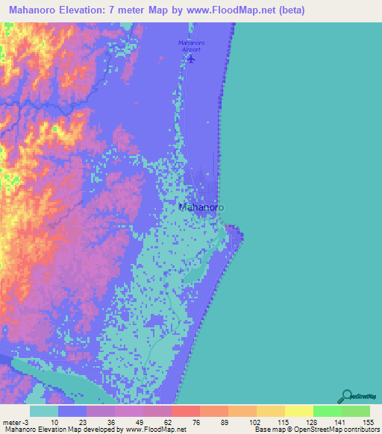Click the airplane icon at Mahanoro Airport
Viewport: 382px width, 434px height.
[191, 59]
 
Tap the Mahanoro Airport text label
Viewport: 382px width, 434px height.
[191, 45]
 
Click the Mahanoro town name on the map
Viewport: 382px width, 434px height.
[202, 208]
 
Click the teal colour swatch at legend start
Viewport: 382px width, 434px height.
[44, 411]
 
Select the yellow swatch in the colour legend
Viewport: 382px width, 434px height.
[270, 411]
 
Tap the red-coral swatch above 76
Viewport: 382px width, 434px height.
[185, 411]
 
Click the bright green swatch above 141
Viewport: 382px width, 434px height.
[327, 411]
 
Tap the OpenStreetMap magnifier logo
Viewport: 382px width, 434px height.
[348, 397]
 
